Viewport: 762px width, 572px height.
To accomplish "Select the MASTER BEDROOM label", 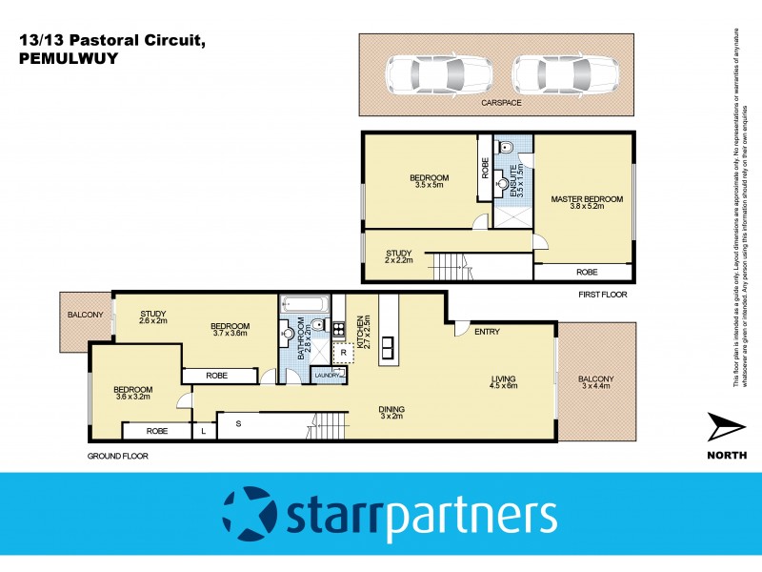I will (x=587, y=204).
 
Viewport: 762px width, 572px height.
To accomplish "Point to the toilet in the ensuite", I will (x=507, y=146).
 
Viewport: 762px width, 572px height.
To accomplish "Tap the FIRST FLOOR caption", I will (x=603, y=296).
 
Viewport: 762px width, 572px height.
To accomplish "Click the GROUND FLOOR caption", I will (x=117, y=457).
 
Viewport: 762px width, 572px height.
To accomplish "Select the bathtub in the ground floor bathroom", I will (x=304, y=306).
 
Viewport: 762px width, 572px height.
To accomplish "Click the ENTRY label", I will (x=487, y=332).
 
